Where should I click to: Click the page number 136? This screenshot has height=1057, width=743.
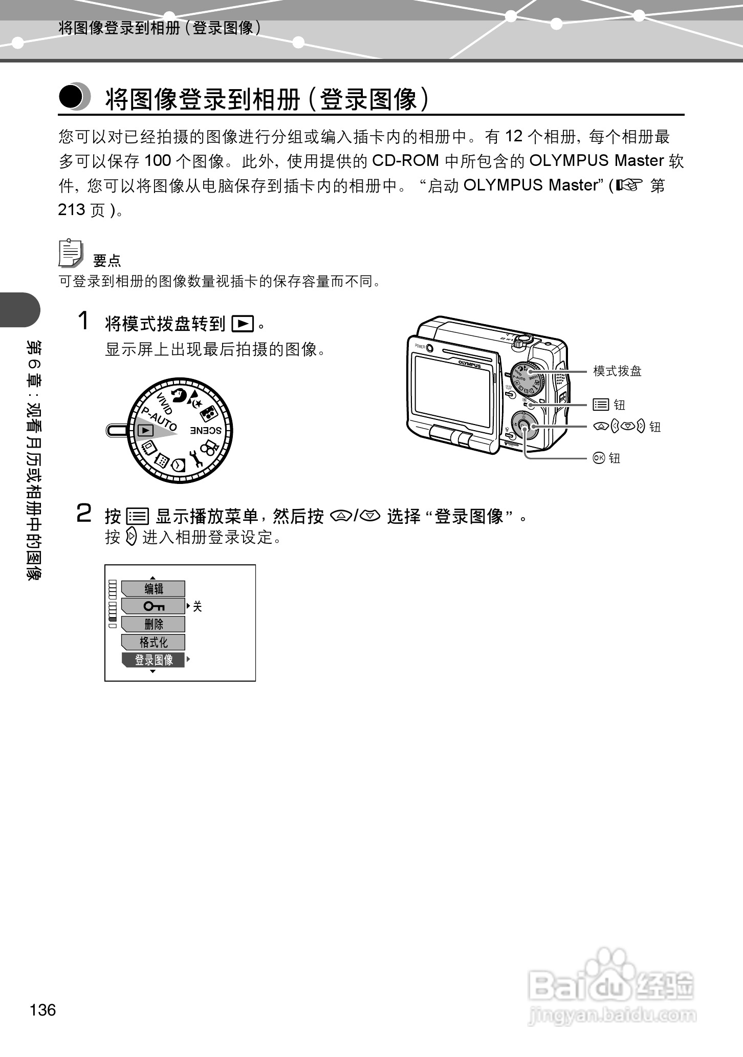point(43,1010)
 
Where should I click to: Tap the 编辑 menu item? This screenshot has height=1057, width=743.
point(154,589)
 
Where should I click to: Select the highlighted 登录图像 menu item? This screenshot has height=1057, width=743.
point(154,660)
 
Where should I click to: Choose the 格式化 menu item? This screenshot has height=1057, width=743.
point(154,642)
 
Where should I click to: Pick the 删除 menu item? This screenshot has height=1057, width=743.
point(154,624)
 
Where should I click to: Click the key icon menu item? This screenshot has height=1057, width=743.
point(154,606)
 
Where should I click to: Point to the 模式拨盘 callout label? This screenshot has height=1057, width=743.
point(617,371)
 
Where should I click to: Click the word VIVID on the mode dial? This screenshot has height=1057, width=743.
point(164,404)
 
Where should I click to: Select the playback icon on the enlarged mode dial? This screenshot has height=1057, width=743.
point(146,431)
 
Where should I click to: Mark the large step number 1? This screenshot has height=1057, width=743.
point(83,322)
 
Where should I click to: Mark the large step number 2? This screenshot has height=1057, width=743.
point(84,514)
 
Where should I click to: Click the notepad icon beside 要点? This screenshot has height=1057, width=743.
point(71,253)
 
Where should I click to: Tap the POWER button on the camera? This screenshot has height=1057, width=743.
point(429,348)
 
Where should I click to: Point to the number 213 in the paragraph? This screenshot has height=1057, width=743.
point(72,210)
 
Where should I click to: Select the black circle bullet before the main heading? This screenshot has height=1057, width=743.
point(72,97)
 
